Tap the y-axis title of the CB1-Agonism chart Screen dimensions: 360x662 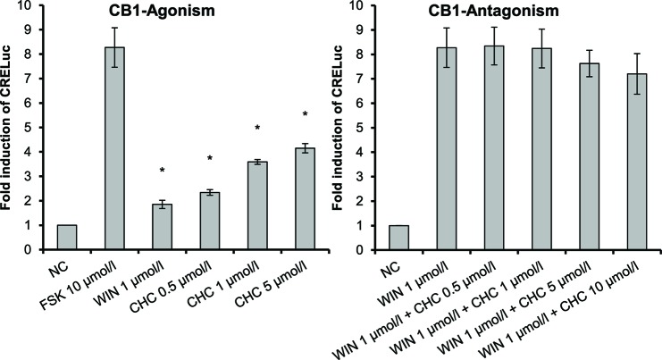click(x=8, y=128)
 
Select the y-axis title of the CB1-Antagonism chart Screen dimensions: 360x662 click(x=339, y=128)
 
